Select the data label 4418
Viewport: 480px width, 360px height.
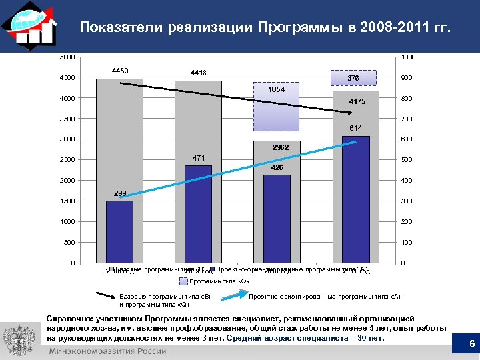click(x=198, y=72)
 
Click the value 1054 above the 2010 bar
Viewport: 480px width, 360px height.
click(x=276, y=89)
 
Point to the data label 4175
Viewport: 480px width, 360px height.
click(x=355, y=101)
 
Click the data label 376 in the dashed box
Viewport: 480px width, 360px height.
click(x=354, y=78)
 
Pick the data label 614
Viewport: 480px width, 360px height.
click(x=354, y=127)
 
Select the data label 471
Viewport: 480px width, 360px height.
click(x=198, y=158)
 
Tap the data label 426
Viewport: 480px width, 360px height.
click(x=276, y=167)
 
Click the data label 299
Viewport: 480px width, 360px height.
click(x=120, y=193)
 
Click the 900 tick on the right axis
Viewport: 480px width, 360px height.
click(x=408, y=78)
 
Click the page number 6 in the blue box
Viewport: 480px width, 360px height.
click(x=471, y=345)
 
